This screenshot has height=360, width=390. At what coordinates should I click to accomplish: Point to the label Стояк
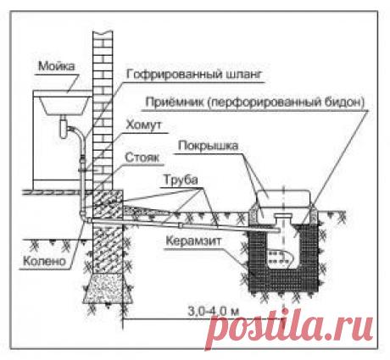pyautogui.click(x=142, y=158)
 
